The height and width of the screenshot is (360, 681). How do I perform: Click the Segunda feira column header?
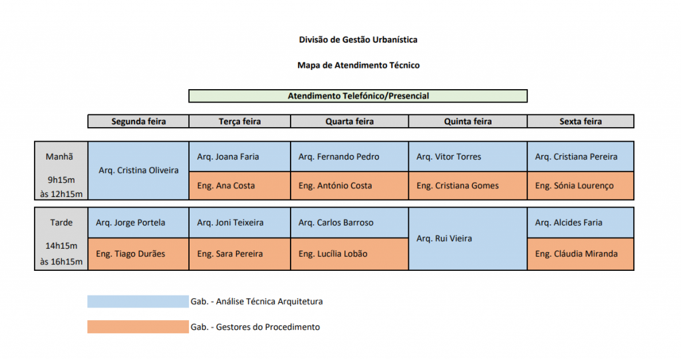point(138,121)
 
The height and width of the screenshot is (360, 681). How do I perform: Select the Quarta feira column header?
point(350,121)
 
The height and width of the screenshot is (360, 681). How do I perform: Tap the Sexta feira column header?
point(581,121)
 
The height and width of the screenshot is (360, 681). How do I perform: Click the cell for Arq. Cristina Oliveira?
point(138,170)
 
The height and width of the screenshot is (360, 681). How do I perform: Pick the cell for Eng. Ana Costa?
point(239,186)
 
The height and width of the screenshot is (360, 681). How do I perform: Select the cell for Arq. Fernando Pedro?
point(350,156)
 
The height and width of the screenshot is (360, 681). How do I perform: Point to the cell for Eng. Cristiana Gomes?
point(468,186)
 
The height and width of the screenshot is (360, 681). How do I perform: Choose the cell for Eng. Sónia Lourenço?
point(581,186)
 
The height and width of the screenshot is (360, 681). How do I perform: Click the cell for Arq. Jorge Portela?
point(138,223)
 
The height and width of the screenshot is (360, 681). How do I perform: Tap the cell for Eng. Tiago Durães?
point(138,254)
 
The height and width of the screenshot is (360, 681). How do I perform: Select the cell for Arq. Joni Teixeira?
point(239,223)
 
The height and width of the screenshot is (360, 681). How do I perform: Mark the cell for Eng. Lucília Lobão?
point(350,254)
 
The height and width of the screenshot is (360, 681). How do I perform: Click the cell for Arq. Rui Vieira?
point(468,239)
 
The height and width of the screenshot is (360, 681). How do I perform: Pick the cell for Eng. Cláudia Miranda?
point(581,254)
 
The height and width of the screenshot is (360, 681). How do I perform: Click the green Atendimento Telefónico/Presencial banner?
point(358,96)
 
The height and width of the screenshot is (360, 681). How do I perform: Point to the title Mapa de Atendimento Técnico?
point(358,65)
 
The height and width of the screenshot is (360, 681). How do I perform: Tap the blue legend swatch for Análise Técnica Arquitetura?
point(138,301)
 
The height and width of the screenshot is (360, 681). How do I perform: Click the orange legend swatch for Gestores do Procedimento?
point(138,327)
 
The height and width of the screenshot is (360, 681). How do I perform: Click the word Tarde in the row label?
point(61,223)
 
